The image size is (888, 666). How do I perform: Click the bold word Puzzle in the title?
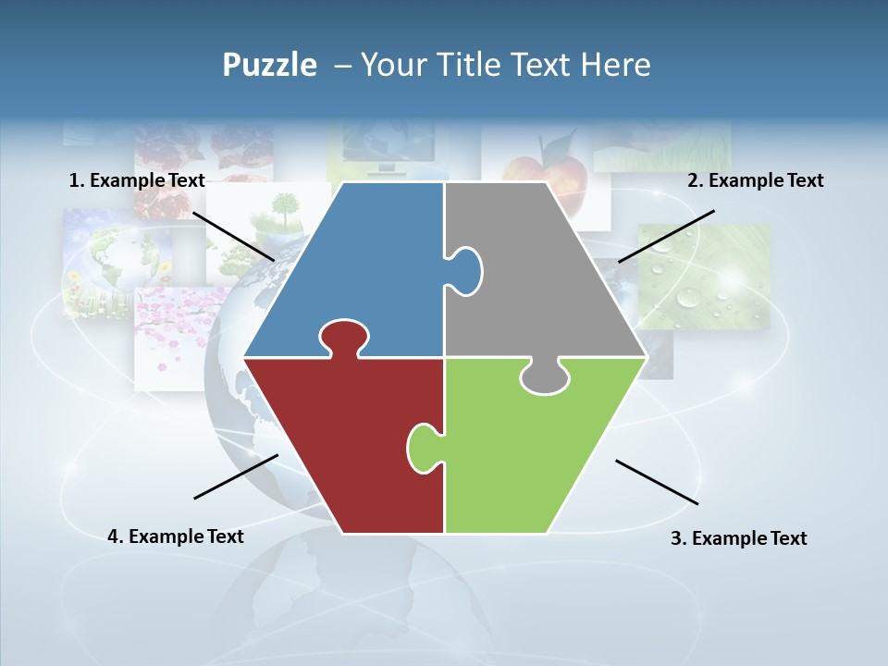[269, 65]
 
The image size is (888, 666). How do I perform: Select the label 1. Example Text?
[137, 180]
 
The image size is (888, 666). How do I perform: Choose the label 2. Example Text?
[755, 180]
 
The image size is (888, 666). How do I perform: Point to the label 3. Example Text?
[738, 538]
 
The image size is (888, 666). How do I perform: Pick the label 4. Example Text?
[176, 536]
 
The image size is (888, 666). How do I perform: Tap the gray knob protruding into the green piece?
[545, 377]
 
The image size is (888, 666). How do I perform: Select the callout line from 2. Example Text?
[666, 236]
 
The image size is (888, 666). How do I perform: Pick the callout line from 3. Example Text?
[657, 482]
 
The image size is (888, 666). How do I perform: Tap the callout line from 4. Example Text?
[236, 476]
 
